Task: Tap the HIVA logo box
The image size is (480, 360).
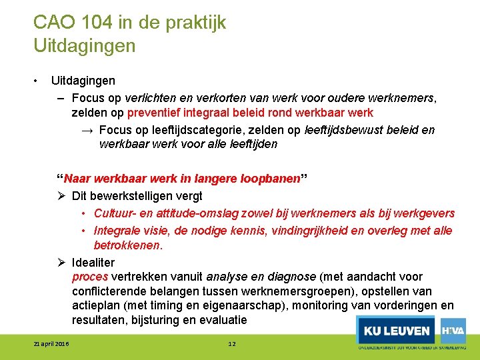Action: click(x=453, y=331)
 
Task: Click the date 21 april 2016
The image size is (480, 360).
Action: click(x=52, y=344)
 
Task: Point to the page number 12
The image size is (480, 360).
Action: click(x=232, y=344)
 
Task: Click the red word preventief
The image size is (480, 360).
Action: click(x=151, y=113)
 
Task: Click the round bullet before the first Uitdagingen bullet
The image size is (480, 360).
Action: click(x=36, y=81)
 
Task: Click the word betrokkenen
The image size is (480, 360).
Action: click(x=127, y=245)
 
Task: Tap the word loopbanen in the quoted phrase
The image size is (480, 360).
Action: click(x=273, y=179)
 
